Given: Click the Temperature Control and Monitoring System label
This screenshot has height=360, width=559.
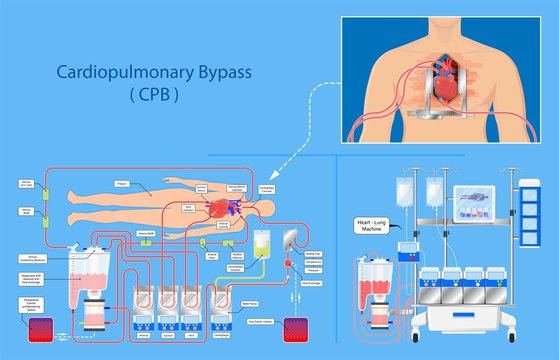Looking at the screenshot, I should pos(30,303).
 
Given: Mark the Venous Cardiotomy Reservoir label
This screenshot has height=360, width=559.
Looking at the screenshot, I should pos(30,258).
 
